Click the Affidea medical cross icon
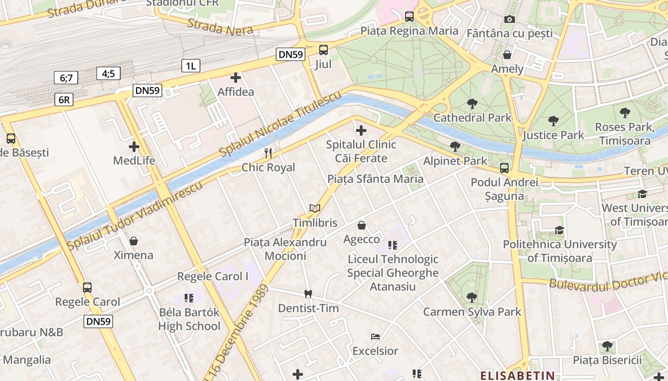[x=236, y=78]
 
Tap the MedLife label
[x=134, y=160]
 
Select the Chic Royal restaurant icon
[x=268, y=153]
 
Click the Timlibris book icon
[x=314, y=209]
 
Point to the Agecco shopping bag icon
[x=362, y=225]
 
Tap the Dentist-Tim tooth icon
[x=308, y=294]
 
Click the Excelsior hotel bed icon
[x=375, y=337]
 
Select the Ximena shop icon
[x=134, y=241]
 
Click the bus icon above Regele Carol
[x=87, y=288]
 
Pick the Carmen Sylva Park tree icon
[x=472, y=298]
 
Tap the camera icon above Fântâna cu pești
[x=510, y=20]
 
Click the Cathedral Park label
[x=472, y=118]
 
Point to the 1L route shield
[x=190, y=66]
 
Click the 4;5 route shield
[x=108, y=73]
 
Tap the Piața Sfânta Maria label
[x=375, y=179]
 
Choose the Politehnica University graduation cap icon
[x=559, y=231]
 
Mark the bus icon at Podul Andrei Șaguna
[x=504, y=168]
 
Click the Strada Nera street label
[x=220, y=28]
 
